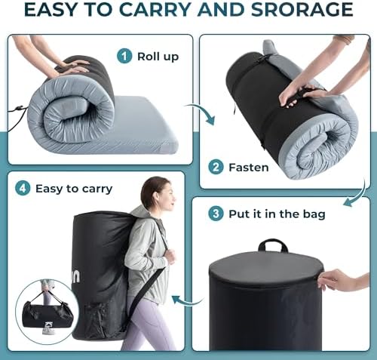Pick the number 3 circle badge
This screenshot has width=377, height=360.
tap(216, 214)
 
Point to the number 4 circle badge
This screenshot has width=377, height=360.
tap(23, 188)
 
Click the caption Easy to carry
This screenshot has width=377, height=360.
tap(74, 188)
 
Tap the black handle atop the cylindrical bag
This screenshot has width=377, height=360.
tap(272, 245)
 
